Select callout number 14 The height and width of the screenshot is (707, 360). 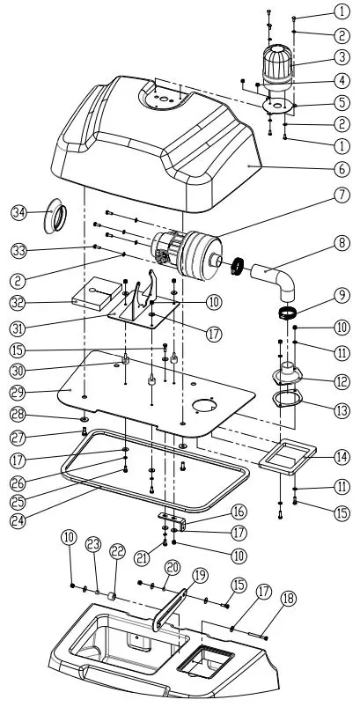[x=340, y=455]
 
